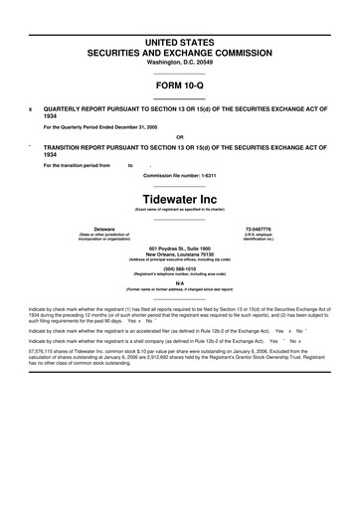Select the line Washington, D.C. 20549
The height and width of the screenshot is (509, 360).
tap(179, 61)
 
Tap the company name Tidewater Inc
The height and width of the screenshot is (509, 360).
tap(179, 198)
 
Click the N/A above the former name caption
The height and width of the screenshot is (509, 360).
tap(179, 282)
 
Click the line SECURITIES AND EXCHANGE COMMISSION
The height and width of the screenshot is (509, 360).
tap(179, 48)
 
